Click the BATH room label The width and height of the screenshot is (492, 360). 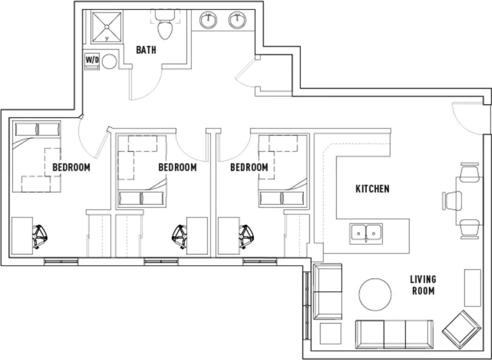point(146,50)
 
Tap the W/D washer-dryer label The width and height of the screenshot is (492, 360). point(92,60)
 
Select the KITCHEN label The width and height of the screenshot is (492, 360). point(373,189)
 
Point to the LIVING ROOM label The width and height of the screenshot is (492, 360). point(423,285)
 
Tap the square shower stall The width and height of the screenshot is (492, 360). point(107,27)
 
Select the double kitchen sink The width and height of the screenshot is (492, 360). point(366,234)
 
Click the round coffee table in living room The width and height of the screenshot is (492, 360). point(375,295)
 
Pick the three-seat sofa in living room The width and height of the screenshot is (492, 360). point(394,334)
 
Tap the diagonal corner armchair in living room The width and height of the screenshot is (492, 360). point(461,330)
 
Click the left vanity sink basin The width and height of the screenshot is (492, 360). point(208,20)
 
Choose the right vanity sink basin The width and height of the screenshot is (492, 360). point(237,20)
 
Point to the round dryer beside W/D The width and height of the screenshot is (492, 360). point(109,62)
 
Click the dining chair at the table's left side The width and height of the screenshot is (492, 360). point(452,201)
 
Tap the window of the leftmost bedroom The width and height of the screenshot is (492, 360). point(61,262)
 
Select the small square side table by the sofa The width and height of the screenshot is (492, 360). point(331,333)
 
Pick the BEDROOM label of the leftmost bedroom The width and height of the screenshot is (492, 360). point(71,167)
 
